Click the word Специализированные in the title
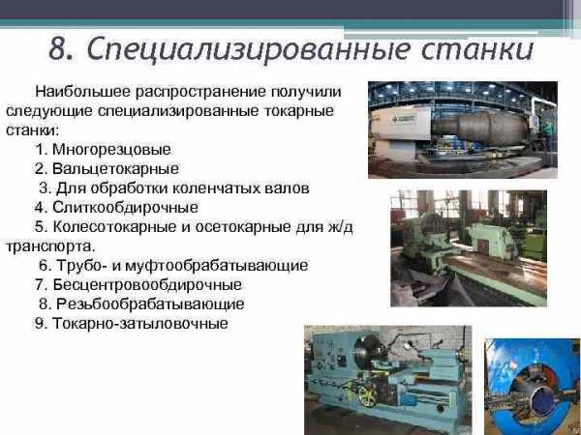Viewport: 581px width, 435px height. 249,49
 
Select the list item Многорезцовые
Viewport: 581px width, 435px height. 111,150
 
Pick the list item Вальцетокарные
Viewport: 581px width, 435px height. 115,168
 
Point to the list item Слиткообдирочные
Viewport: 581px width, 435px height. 125,207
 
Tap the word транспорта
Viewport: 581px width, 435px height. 50,246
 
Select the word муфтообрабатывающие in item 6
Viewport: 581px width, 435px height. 217,266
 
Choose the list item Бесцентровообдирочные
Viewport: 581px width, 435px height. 147,285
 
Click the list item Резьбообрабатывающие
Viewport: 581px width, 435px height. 150,304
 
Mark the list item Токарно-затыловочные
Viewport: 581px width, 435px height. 140,324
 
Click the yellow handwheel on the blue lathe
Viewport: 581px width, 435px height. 368,397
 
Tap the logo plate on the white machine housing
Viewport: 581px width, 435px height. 403,119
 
